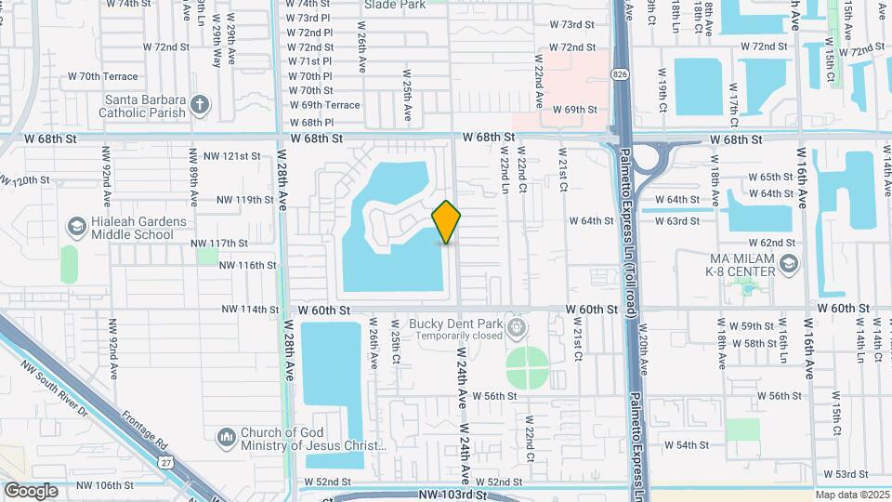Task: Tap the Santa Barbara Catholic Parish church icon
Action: tap(200, 103)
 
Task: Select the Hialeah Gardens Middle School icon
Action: tap(76, 227)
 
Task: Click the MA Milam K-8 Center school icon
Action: tap(789, 266)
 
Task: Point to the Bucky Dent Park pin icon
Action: tap(518, 327)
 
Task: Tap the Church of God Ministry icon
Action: tap(226, 437)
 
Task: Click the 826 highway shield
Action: tap(619, 73)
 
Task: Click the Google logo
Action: tap(31, 491)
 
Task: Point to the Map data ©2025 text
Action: tap(851, 495)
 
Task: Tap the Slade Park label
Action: tap(395, 5)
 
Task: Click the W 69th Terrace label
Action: tap(324, 105)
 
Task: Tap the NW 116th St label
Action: tap(248, 265)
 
